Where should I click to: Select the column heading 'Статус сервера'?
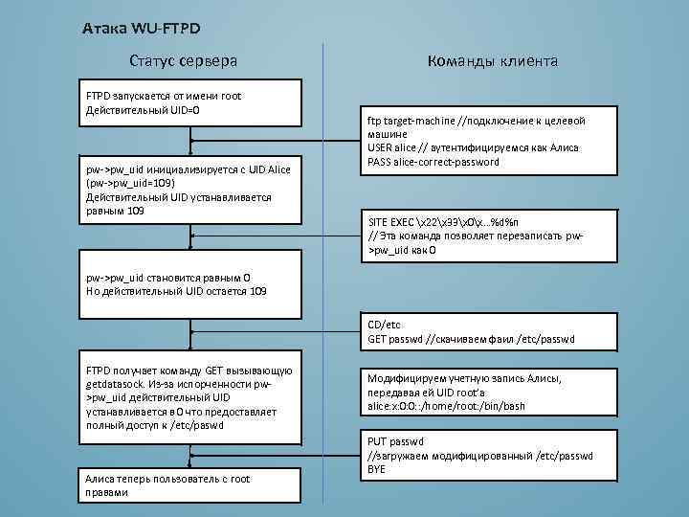tap(184, 61)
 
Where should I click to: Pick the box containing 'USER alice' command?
tap(478, 141)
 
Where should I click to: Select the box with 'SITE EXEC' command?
tap(478, 236)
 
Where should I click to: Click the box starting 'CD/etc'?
tap(478, 332)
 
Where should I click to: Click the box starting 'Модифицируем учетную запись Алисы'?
tap(478, 393)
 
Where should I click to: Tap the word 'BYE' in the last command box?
tap(378, 469)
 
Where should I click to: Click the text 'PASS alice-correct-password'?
tap(433, 162)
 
